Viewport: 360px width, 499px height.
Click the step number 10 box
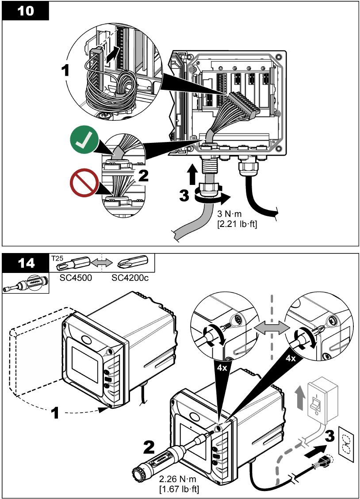[x=26, y=11]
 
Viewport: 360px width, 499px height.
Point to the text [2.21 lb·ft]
[x=237, y=224]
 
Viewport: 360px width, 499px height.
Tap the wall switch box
[x=322, y=397]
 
